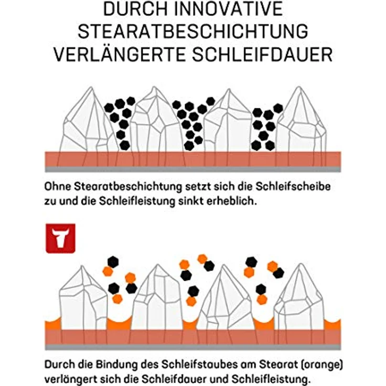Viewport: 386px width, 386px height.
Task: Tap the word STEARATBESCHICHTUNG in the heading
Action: coord(192,31)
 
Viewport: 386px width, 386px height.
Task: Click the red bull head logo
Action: coord(60,238)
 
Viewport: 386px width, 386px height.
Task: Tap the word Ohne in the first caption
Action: coord(57,187)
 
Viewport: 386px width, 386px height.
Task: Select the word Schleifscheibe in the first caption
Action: coord(298,187)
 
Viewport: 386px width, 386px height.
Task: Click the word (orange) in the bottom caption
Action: coord(318,364)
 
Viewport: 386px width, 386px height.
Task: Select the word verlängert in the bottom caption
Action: coord(70,378)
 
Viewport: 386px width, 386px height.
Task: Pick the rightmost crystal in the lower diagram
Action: coord(299,299)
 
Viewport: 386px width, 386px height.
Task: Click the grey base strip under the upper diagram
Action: coord(193,169)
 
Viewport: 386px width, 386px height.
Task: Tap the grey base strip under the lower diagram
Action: coord(193,347)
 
